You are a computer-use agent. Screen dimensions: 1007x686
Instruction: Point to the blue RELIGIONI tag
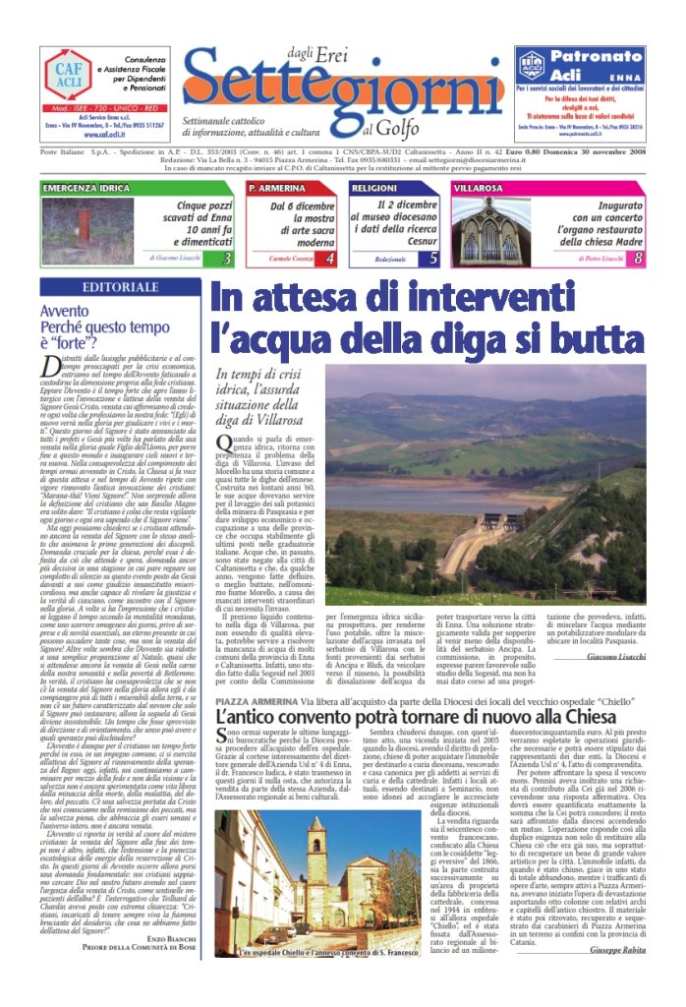pyautogui.click(x=374, y=188)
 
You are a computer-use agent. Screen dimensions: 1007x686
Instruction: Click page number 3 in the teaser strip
pyautogui.click(x=226, y=259)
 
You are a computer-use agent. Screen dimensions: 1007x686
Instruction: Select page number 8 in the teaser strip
pyautogui.click(x=639, y=259)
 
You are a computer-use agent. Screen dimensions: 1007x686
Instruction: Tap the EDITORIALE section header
pyautogui.click(x=121, y=287)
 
